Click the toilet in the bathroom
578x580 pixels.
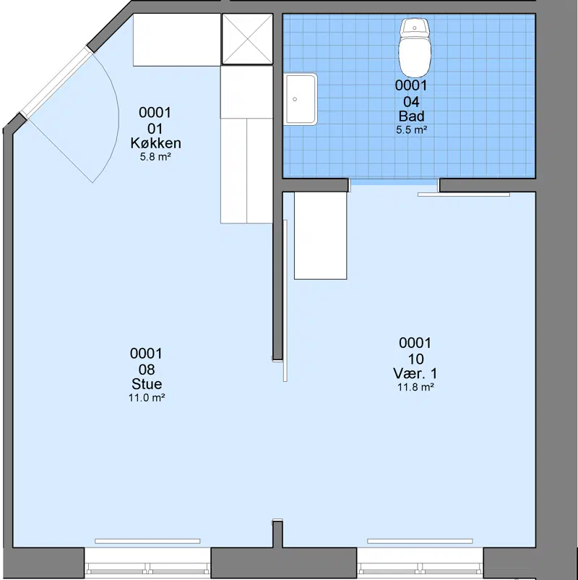[415, 47]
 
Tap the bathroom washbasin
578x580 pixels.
[301, 99]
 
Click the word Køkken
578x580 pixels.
[155, 143]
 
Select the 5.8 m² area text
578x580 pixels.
[155, 157]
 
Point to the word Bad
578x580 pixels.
[411, 116]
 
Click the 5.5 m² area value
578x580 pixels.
[412, 130]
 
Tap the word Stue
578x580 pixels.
[147, 384]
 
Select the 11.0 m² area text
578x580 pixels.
[147, 398]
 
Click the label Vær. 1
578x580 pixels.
[415, 374]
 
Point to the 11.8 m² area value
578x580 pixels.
[415, 388]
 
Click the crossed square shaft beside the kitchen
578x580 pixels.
[247, 39]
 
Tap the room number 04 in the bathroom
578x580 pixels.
[411, 102]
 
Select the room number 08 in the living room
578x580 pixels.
[147, 370]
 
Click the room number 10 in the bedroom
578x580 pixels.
[415, 359]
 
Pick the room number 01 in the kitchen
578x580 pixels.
[155, 129]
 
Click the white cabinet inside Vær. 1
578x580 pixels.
[320, 236]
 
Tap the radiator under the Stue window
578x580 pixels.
[147, 541]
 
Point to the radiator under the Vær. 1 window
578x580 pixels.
[420, 541]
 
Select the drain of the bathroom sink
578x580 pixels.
[295, 99]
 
